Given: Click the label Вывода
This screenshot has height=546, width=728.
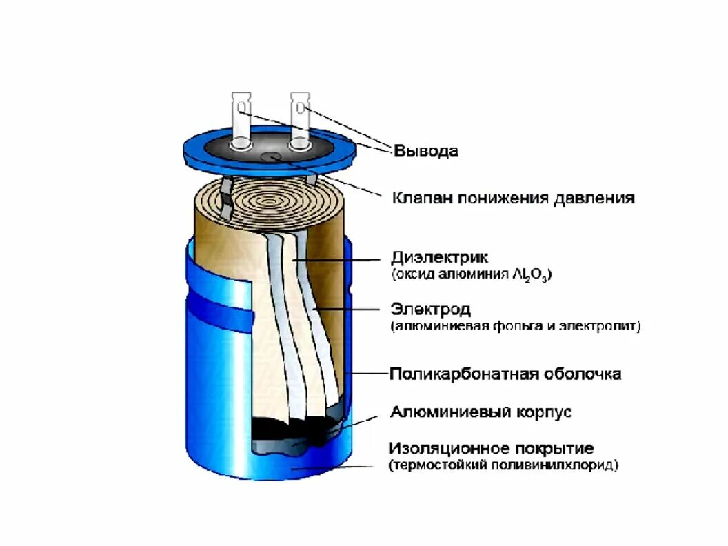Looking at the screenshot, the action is coord(425,151).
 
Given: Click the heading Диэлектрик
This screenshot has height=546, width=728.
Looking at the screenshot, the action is coord(439,257).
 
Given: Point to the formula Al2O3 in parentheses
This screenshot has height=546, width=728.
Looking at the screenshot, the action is coord(534,274).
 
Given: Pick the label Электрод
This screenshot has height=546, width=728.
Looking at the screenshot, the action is coord(430,308).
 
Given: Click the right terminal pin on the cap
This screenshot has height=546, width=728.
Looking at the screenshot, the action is coord(299,120).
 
